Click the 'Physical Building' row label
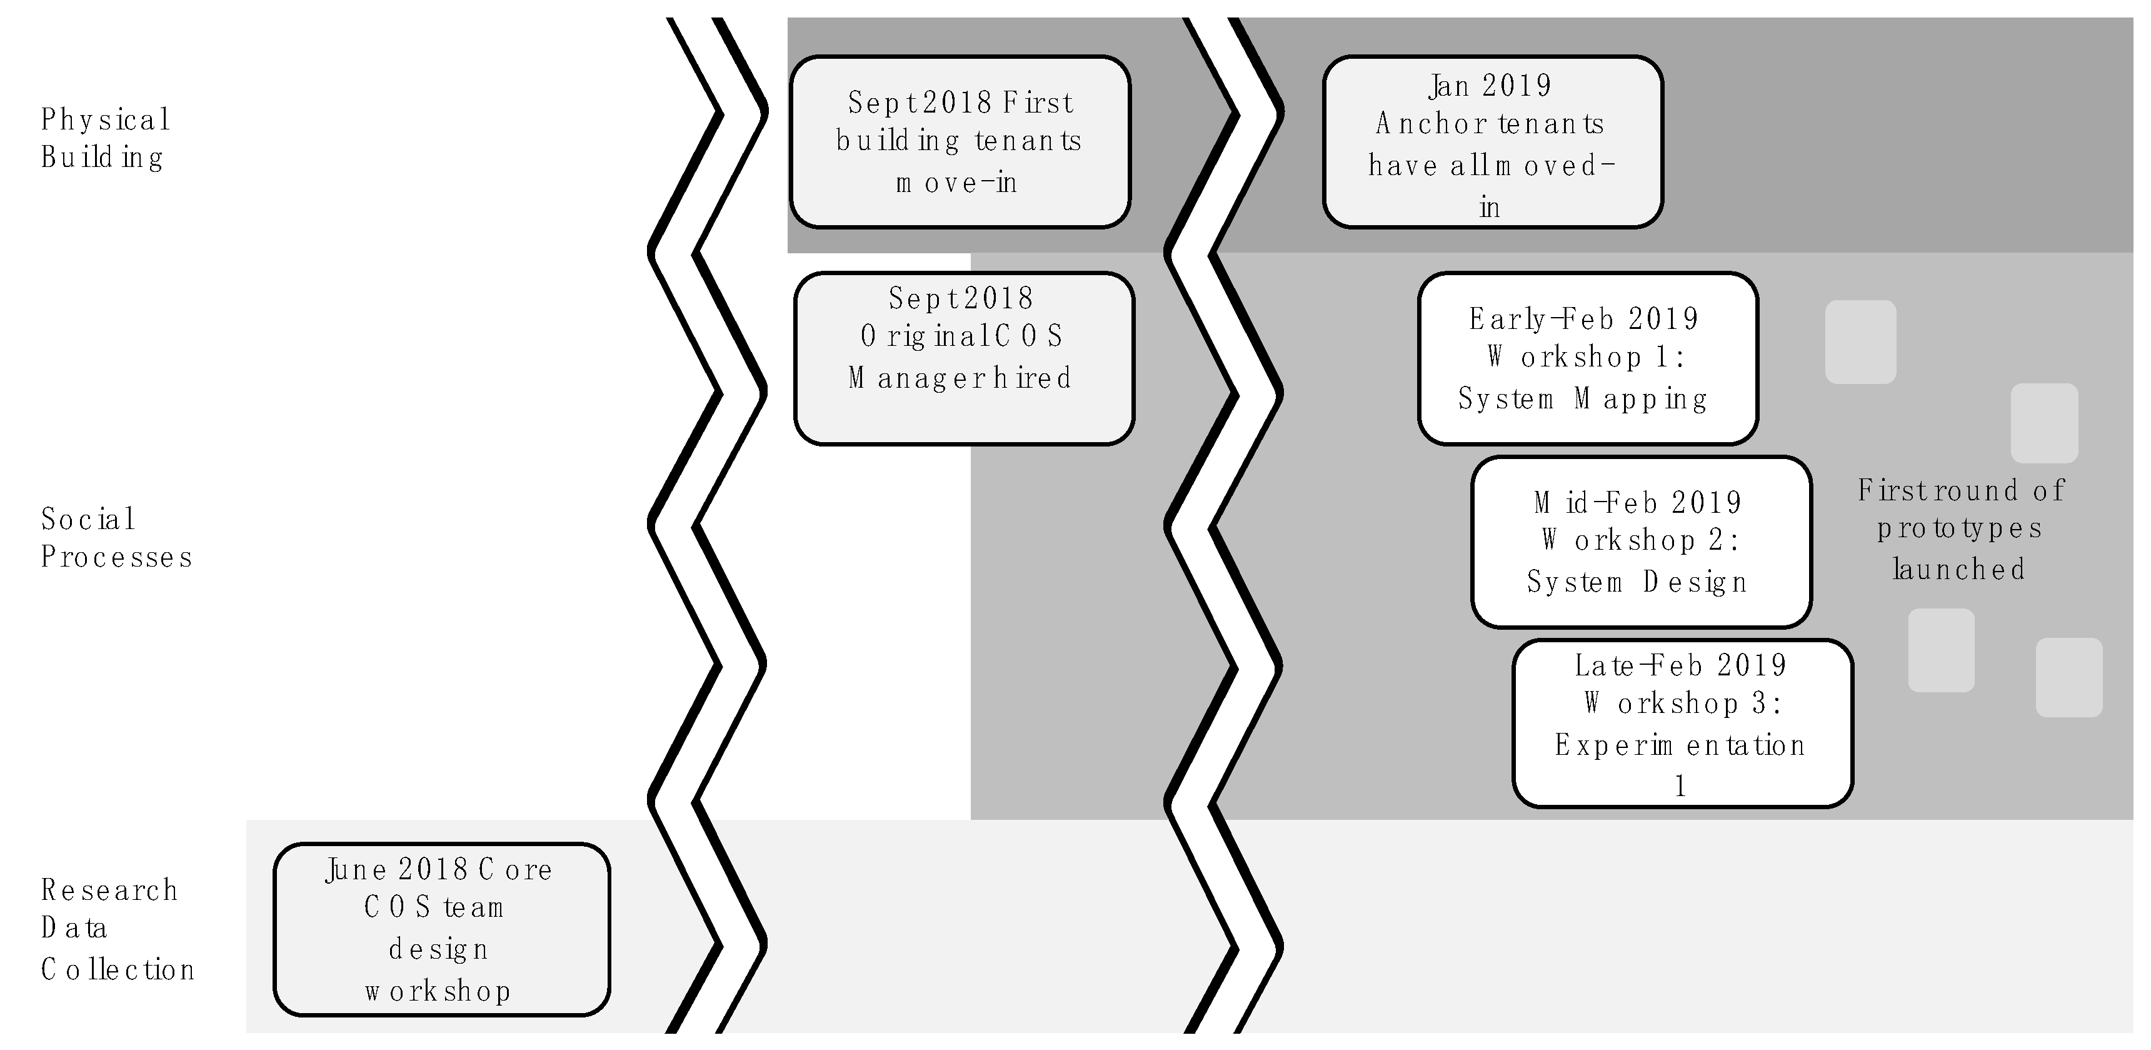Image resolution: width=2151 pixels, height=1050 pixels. coord(105,138)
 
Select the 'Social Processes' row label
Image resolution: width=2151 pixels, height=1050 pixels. coord(116,538)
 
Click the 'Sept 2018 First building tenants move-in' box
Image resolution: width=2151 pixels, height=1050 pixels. coord(960,142)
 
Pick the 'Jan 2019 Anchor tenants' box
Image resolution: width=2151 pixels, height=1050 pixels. coord(1492,142)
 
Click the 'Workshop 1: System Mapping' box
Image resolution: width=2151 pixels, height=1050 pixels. coord(1587,358)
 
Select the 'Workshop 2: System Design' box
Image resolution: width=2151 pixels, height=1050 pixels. coord(1641,542)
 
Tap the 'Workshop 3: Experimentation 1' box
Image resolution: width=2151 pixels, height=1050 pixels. coord(1682,724)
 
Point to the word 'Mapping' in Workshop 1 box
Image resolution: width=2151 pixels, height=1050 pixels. coord(1641,399)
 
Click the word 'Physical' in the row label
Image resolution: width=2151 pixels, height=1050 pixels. coord(105,120)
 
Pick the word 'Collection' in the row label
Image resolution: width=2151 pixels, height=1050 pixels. coord(117,970)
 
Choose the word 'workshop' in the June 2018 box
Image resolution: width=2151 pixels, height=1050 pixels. coord(438,991)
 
